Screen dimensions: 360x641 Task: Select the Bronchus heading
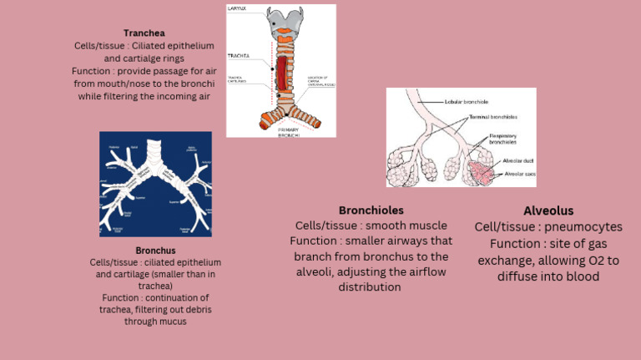[155, 250]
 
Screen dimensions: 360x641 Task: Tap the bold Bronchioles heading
[371, 210]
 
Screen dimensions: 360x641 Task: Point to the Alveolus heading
[548, 210]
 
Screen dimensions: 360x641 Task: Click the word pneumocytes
[583, 226]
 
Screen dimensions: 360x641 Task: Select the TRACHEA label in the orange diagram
[239, 56]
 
